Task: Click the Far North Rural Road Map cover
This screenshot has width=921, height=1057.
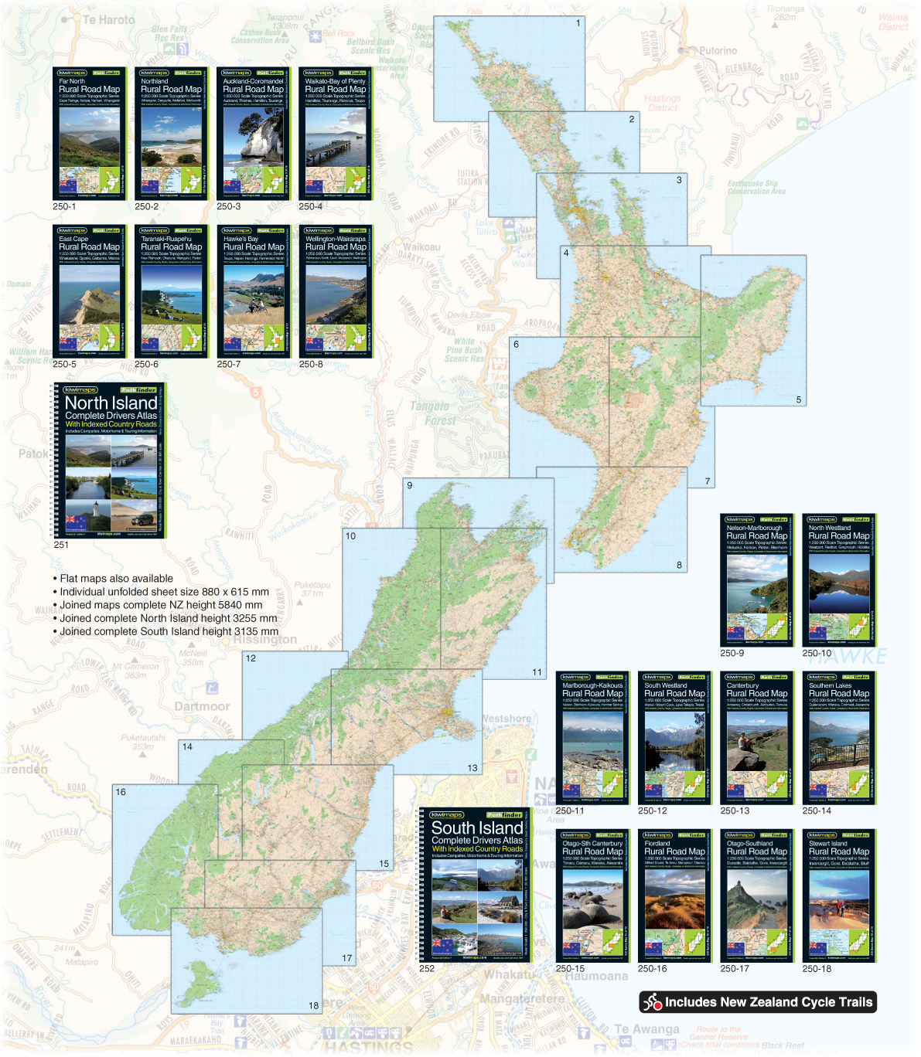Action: point(89,133)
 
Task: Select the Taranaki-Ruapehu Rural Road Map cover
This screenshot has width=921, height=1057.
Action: point(171,291)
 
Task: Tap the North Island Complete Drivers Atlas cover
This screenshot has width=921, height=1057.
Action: point(110,461)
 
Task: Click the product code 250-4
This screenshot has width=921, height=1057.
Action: point(311,207)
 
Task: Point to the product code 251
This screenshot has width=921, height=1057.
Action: point(61,545)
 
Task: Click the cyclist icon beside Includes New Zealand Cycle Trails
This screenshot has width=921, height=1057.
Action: point(653,1002)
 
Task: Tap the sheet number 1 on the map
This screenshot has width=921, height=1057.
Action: point(578,23)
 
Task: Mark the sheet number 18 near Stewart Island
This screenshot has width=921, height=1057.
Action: point(313,1005)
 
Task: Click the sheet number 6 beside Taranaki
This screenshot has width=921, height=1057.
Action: point(516,345)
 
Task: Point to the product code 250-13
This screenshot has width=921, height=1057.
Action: point(735,811)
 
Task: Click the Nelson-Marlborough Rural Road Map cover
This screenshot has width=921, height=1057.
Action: point(756,579)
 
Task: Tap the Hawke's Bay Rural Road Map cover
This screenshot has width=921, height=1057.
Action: point(253,291)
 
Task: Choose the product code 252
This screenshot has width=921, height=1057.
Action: point(427,968)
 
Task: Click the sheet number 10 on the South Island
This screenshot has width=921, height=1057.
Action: point(350,535)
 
